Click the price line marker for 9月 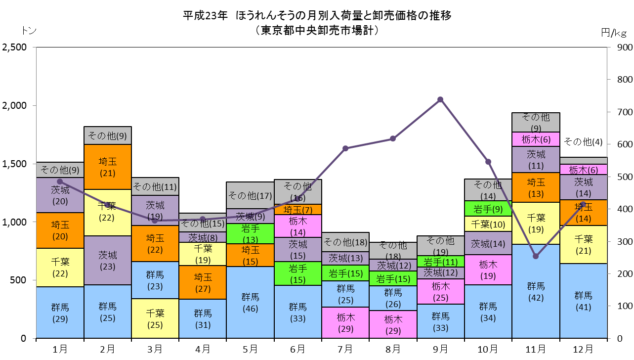point(440,99)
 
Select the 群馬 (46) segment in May point(250,302)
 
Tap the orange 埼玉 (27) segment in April point(203,282)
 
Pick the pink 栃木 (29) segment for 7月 point(345,322)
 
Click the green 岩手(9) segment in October point(488,209)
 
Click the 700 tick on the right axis point(625,112)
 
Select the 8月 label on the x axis point(393,349)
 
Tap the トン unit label point(29,30)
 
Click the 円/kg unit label point(614,33)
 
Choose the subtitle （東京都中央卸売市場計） point(317,30)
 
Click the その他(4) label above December point(583,141)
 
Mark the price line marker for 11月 point(536,256)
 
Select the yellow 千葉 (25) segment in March point(155,318)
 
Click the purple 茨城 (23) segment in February point(108,260)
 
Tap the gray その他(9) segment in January point(60,170)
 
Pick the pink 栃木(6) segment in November point(536,139)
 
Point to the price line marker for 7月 point(345,148)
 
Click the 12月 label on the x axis point(583,349)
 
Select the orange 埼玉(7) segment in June point(298,209)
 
